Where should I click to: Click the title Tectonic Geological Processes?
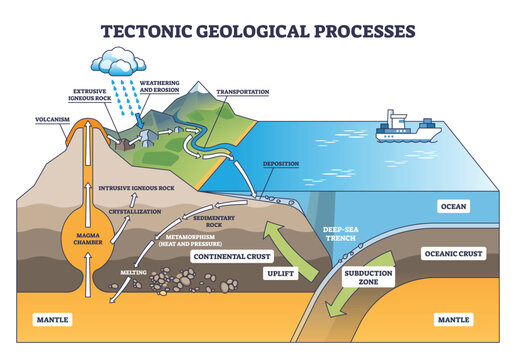[257, 27]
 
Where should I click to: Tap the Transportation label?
[242, 92]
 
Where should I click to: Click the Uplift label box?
[281, 273]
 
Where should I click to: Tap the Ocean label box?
[454, 207]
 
